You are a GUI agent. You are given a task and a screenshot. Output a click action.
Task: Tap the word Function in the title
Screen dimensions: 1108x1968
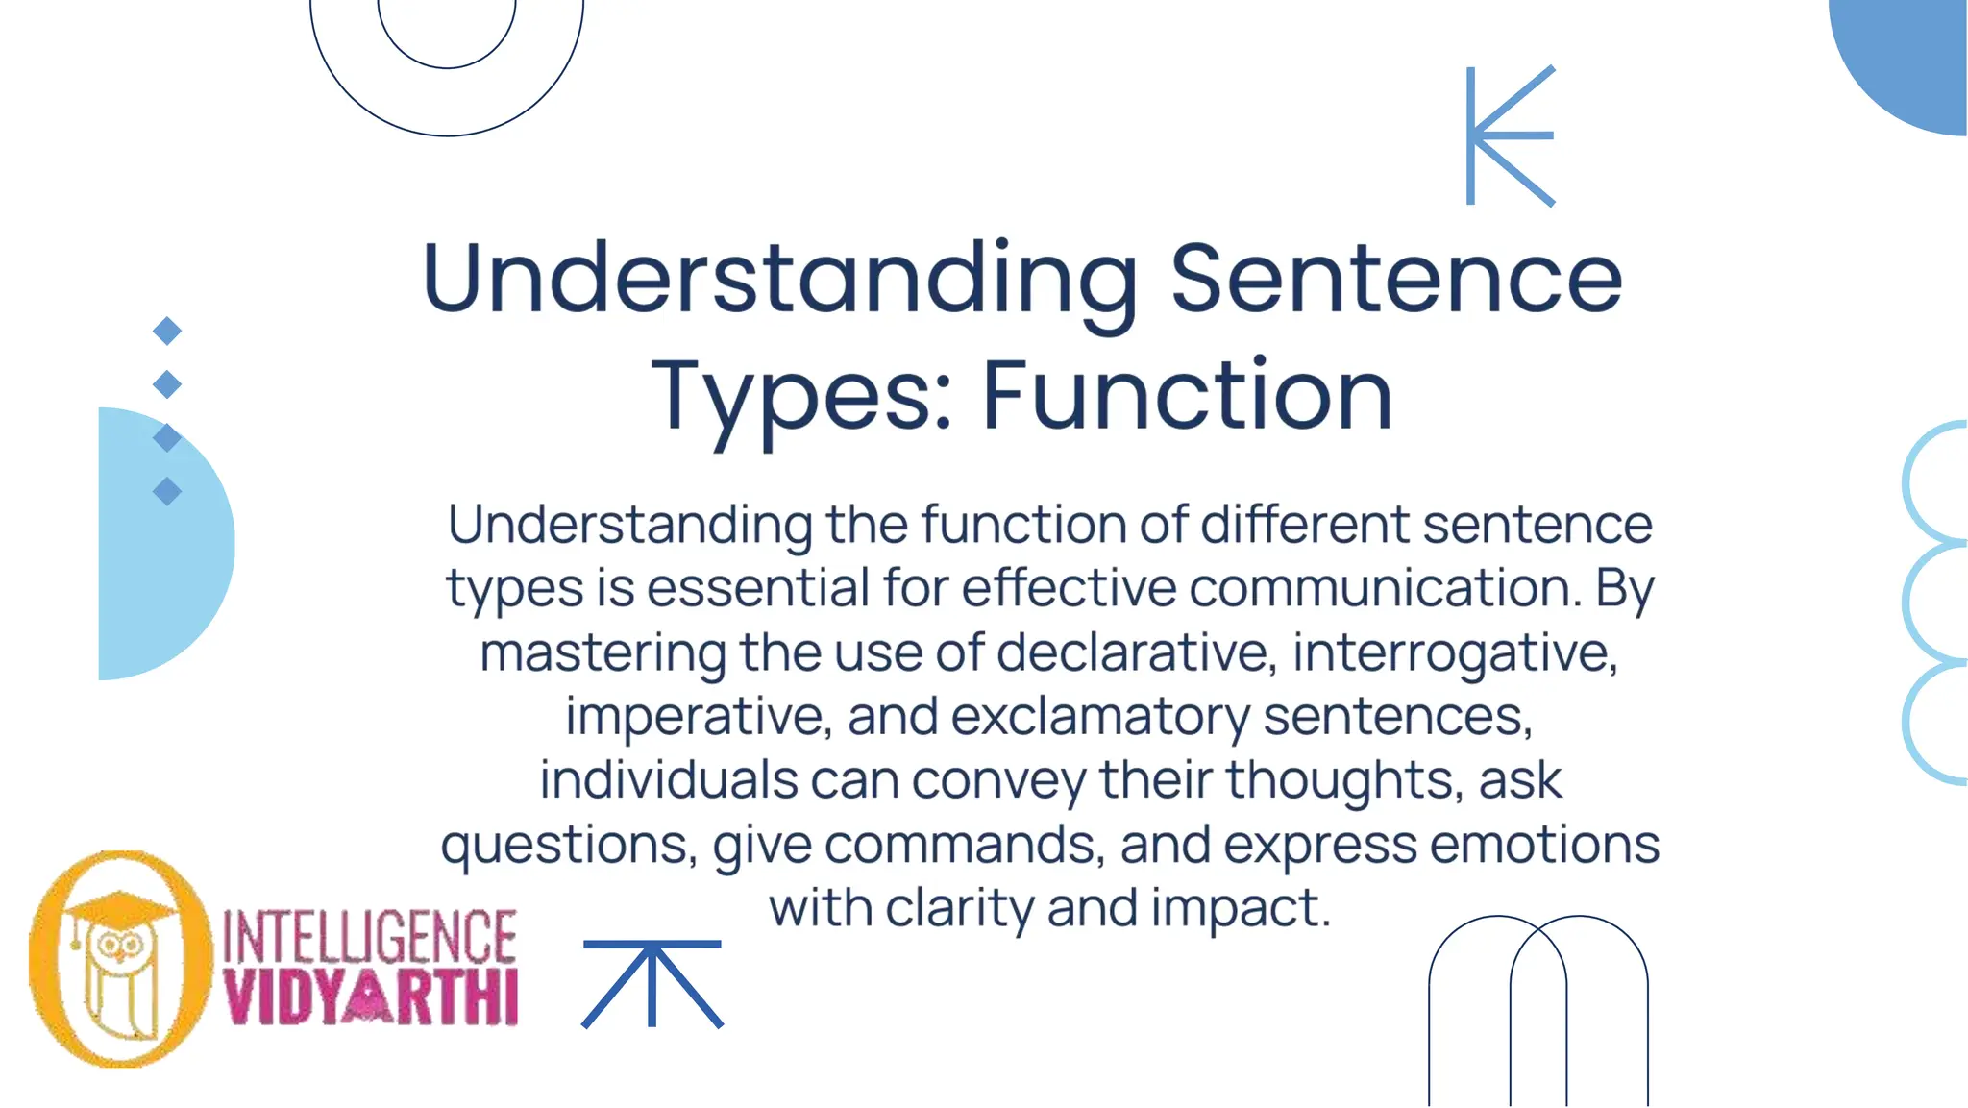click(x=1187, y=395)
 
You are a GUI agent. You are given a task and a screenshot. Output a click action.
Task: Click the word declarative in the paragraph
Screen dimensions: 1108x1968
click(x=1137, y=652)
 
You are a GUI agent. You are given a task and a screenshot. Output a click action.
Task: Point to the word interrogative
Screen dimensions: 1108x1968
click(x=1455, y=652)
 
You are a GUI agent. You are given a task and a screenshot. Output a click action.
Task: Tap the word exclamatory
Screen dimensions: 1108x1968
click(x=1100, y=717)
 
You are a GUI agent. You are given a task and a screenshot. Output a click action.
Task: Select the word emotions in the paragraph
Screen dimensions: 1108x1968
click(x=1544, y=845)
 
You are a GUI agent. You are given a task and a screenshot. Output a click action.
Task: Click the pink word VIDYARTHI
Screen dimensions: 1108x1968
click(x=371, y=997)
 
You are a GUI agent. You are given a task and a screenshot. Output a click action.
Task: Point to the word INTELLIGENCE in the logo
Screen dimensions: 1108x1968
click(x=370, y=937)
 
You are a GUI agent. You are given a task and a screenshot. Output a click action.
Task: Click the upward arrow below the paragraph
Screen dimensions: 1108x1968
click(x=652, y=983)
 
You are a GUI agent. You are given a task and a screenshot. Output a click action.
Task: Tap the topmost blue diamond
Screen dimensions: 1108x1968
click(x=167, y=331)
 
